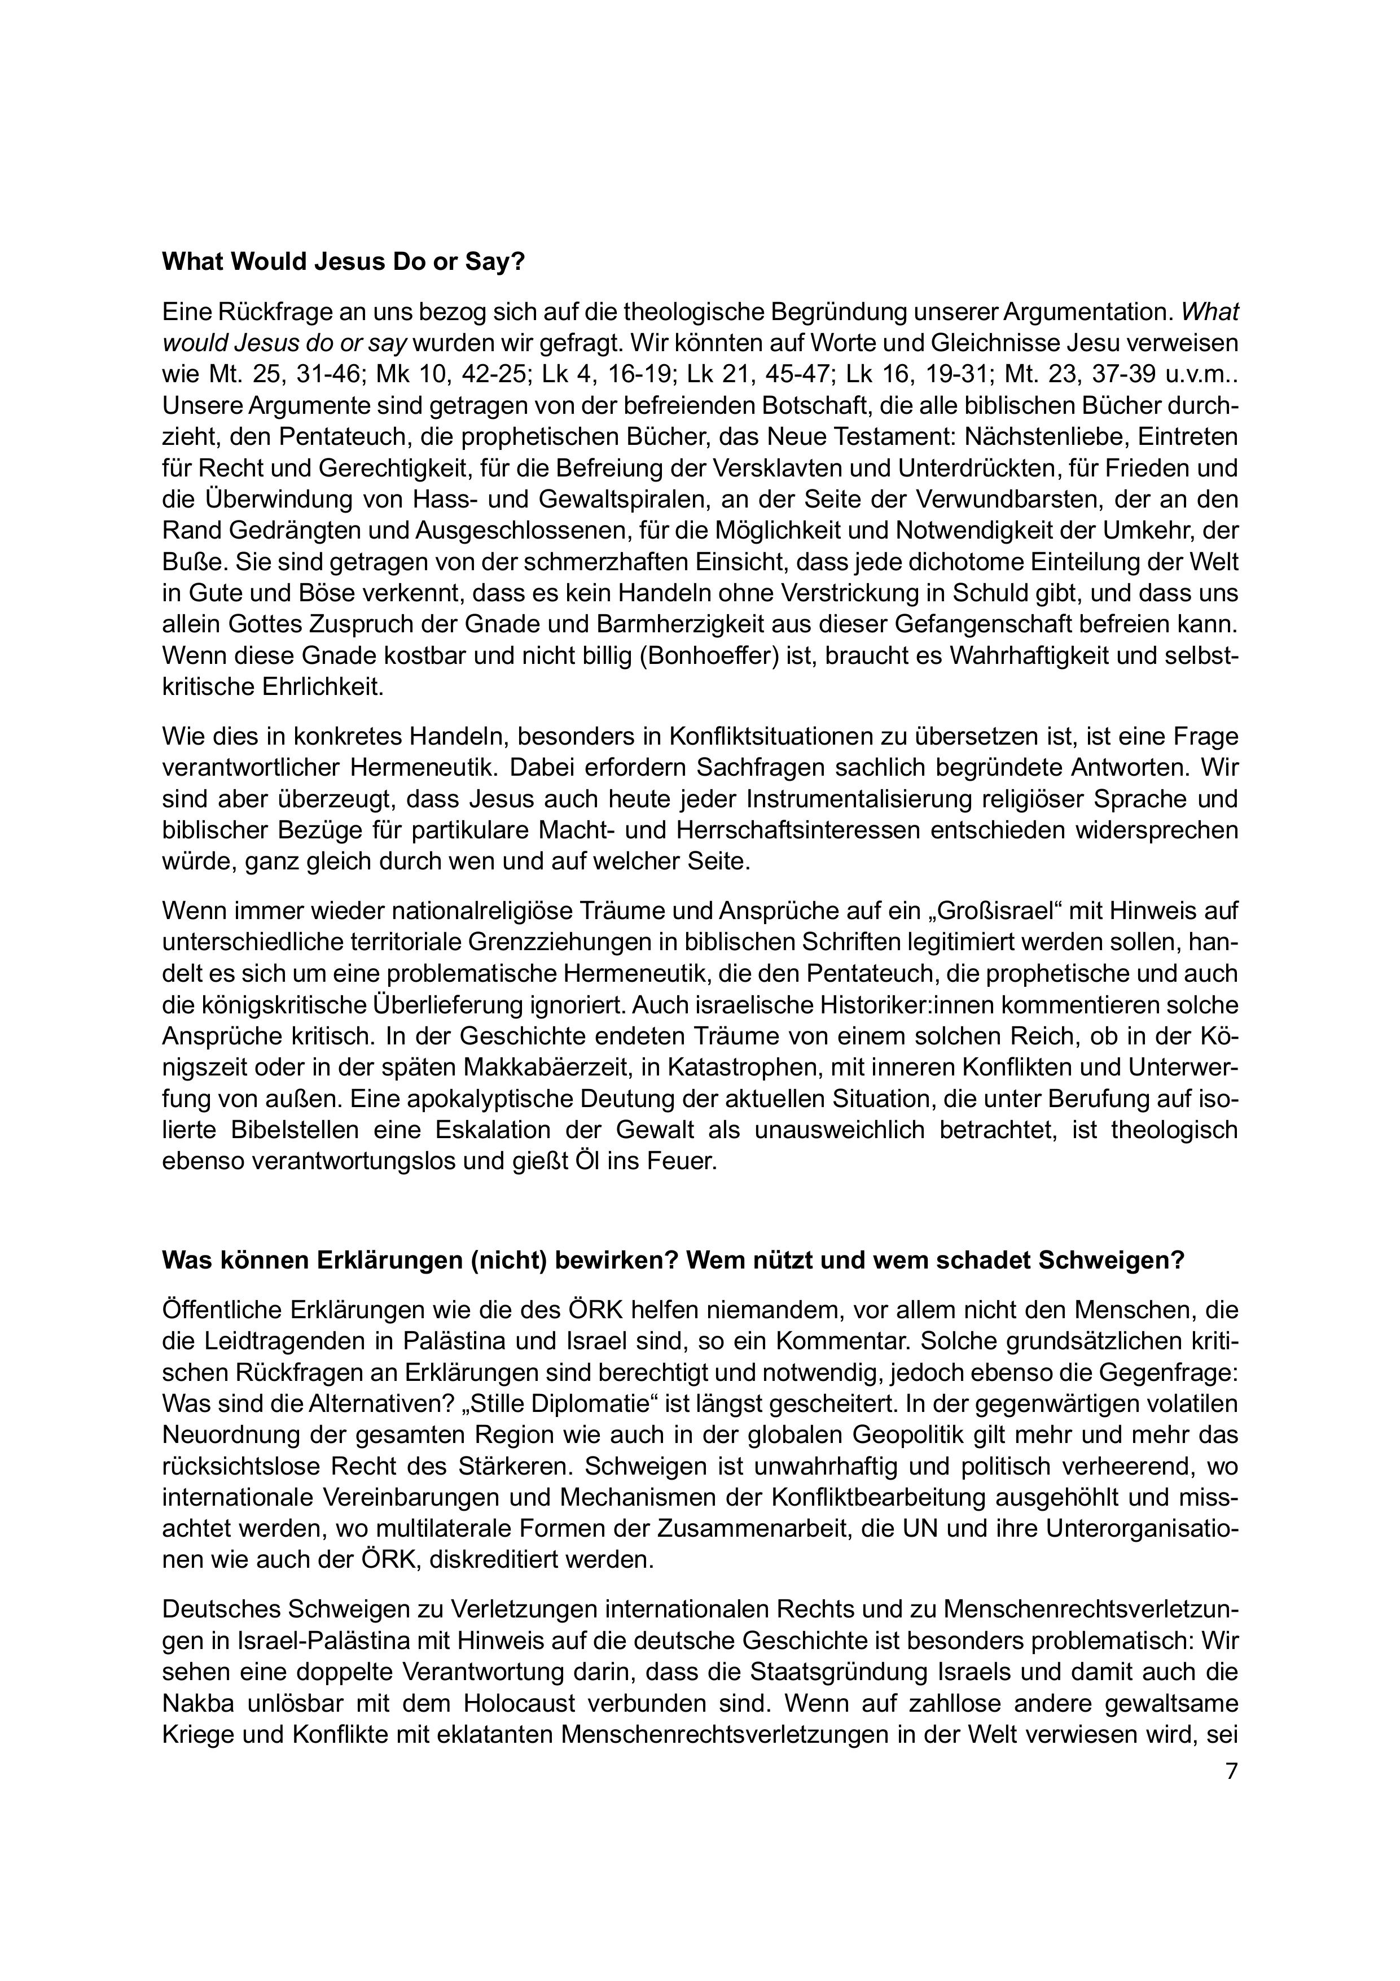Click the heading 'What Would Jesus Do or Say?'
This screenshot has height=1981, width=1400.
(x=343, y=263)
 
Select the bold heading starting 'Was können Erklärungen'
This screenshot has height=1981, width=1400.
(x=673, y=1261)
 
